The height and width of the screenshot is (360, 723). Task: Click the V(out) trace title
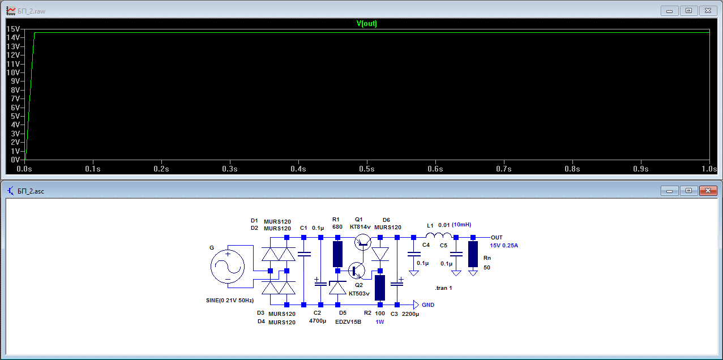(x=366, y=24)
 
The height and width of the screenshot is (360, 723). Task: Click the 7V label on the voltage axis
(x=15, y=99)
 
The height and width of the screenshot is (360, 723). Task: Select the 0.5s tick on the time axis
(x=366, y=169)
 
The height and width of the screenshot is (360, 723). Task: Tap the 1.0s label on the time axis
(x=709, y=169)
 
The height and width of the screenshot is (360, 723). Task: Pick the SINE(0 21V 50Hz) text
(x=229, y=299)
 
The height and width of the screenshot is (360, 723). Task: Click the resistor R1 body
(x=338, y=254)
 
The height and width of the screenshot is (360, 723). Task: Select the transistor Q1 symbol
(x=362, y=242)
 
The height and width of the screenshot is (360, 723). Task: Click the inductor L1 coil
(x=439, y=236)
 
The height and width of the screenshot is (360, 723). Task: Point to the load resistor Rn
(x=473, y=254)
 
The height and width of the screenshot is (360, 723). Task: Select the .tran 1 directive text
(x=443, y=288)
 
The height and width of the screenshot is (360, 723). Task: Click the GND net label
(x=428, y=305)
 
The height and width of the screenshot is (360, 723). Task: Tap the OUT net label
(x=497, y=237)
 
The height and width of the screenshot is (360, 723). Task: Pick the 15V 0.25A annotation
(x=504, y=246)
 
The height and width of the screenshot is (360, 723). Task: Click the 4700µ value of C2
(x=318, y=321)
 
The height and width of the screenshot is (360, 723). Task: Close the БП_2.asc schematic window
(x=708, y=191)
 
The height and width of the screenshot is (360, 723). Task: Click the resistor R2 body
(x=380, y=288)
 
